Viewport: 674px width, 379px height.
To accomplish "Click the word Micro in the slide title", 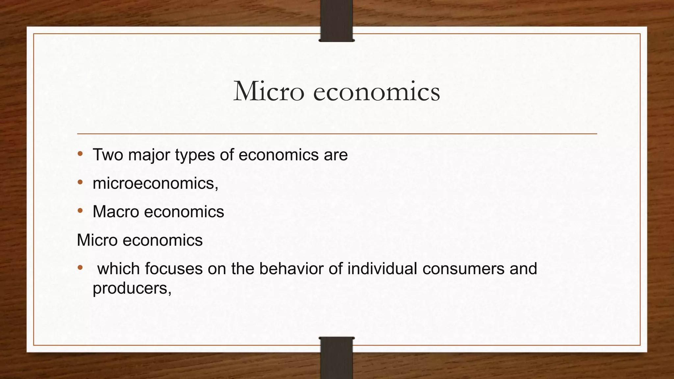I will point(269,91).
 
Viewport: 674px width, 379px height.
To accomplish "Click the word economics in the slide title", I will point(376,91).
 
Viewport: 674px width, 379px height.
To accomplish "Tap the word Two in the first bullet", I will point(108,155).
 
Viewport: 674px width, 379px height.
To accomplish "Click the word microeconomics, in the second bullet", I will point(155,183).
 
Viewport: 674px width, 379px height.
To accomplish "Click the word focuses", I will point(173,268).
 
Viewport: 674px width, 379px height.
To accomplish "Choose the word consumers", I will point(463,268).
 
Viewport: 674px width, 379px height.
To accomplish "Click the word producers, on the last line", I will point(132,289).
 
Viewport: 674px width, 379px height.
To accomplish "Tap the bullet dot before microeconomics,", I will point(80,182).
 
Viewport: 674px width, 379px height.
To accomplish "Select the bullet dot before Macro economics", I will point(80,211).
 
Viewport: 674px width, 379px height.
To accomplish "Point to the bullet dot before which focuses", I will point(80,267).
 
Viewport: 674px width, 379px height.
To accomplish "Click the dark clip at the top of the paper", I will point(336,20).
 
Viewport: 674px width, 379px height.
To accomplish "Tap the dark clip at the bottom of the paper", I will point(336,358).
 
